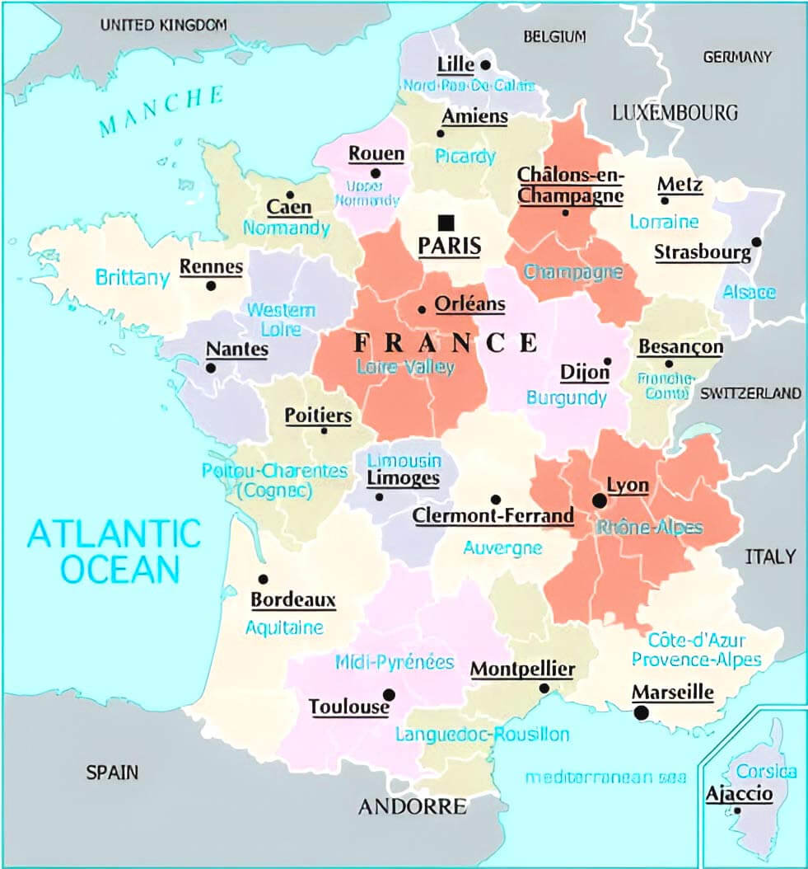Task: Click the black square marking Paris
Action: (446, 222)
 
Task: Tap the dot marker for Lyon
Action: (600, 500)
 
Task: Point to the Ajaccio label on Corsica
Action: (739, 794)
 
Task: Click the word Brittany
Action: (133, 278)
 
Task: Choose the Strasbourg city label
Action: (703, 252)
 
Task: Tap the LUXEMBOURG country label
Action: (675, 112)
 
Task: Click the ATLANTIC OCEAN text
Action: (114, 551)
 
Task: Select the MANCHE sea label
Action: (161, 110)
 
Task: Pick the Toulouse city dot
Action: (389, 694)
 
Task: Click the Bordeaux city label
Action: (293, 599)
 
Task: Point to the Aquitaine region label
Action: (284, 627)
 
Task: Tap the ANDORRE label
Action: (412, 806)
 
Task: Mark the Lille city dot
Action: (486, 64)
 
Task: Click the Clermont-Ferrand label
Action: (493, 516)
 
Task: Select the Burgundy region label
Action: (567, 398)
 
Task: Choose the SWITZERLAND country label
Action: (750, 393)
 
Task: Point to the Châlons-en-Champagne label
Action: (570, 186)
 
